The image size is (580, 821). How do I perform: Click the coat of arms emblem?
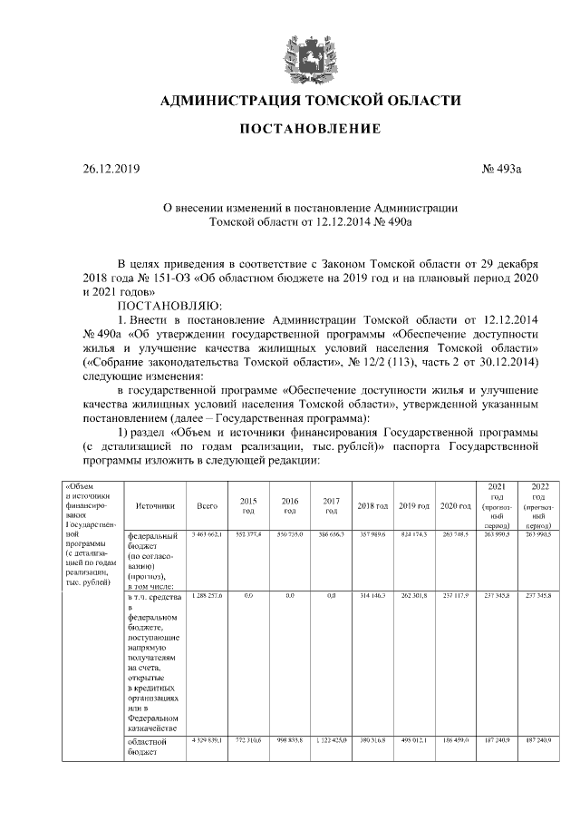click(x=290, y=51)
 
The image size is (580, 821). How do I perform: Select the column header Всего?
click(x=207, y=505)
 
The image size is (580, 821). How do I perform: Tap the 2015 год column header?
click(x=247, y=505)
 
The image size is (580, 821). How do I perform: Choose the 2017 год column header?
click(x=331, y=505)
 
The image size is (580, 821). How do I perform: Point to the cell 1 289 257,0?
click(x=207, y=595)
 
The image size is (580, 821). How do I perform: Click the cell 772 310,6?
click(x=247, y=741)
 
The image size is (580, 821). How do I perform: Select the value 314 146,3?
click(x=372, y=595)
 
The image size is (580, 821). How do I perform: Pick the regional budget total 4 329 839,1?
click(x=207, y=741)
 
